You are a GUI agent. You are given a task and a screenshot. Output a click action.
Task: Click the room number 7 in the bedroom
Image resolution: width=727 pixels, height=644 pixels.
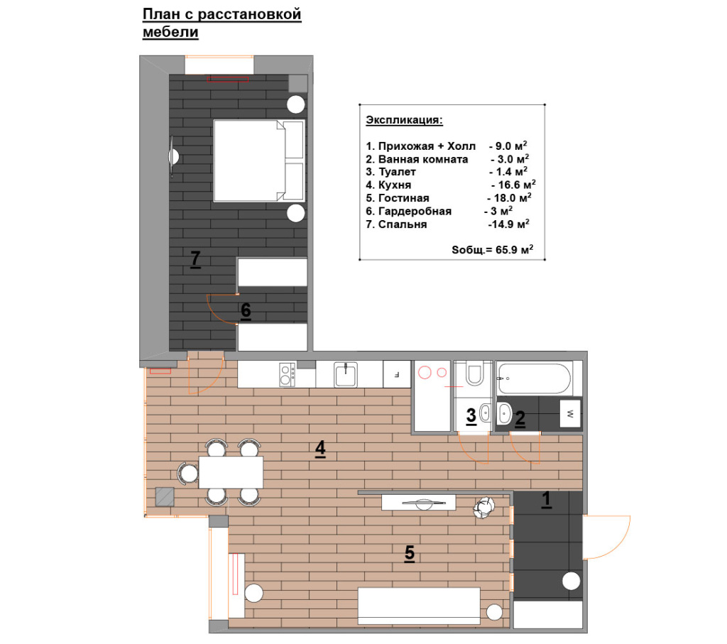tap(196, 258)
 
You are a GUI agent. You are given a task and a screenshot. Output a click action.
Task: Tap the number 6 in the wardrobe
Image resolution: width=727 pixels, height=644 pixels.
tap(246, 310)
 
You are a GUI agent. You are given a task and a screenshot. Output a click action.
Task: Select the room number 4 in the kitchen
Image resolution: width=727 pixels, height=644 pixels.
tap(320, 448)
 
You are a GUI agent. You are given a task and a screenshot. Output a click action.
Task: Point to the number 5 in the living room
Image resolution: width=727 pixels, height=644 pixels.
tap(410, 552)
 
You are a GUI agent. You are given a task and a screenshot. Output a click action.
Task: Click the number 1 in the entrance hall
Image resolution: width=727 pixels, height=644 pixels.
tap(547, 499)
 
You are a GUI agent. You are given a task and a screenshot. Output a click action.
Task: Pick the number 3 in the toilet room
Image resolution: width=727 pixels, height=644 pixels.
tap(471, 415)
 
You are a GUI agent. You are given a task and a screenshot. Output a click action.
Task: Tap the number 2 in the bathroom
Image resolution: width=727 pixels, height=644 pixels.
tap(520, 418)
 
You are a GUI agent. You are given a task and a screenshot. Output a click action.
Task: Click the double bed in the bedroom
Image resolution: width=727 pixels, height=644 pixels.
tap(259, 161)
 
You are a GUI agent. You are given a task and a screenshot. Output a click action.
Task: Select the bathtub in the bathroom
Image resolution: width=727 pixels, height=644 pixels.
tap(534, 378)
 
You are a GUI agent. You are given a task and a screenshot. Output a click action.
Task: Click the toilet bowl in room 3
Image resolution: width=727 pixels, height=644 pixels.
tap(474, 375)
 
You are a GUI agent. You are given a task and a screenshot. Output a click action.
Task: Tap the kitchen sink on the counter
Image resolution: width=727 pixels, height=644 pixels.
tap(346, 375)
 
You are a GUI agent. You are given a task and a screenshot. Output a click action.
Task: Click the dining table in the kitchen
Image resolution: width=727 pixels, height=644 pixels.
tap(231, 472)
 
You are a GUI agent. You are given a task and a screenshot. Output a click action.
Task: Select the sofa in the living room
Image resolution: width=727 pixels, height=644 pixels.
tap(419, 606)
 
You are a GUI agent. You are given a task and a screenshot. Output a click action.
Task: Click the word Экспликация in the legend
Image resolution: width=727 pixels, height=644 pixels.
tap(404, 120)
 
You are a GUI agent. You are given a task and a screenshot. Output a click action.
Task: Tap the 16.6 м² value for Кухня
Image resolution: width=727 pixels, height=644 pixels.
tap(513, 185)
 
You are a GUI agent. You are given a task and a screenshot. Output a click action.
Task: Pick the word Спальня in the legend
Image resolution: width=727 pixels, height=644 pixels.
tap(403, 224)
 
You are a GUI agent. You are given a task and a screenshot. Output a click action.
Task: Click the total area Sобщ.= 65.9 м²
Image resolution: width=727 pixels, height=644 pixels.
tap(493, 249)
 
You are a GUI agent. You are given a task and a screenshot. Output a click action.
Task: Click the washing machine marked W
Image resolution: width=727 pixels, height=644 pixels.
tap(570, 413)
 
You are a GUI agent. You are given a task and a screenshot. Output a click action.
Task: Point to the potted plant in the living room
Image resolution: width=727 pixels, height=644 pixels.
tap(483, 508)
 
